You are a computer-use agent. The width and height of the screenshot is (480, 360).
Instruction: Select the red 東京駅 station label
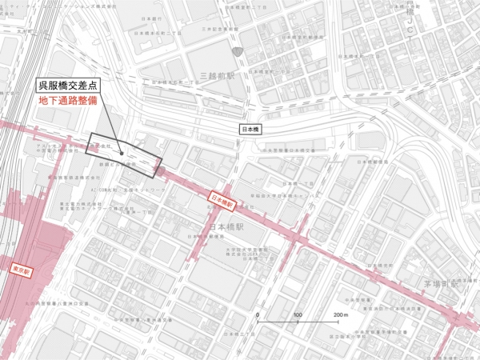click(x=21, y=270)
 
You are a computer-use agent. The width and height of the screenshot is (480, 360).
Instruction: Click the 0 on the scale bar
click(x=257, y=315)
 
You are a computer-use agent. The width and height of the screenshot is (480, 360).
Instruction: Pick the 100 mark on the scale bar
click(x=297, y=315)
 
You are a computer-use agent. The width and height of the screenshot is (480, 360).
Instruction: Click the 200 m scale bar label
click(x=340, y=315)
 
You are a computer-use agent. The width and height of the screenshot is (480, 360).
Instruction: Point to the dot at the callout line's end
click(x=121, y=152)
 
